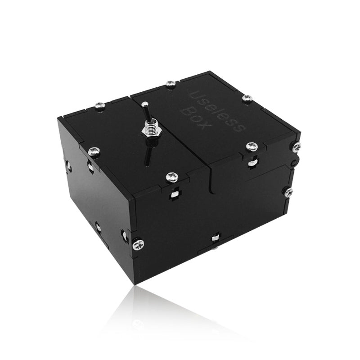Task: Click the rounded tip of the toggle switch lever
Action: tap(145, 105)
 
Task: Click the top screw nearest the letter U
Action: tap(171, 84)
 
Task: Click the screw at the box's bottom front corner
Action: tap(138, 245)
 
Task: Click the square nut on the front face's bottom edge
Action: tap(216, 237)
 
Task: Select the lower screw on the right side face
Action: tap(288, 192)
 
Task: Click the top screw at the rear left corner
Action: tap(100, 107)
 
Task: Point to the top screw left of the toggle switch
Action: tap(94, 152)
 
